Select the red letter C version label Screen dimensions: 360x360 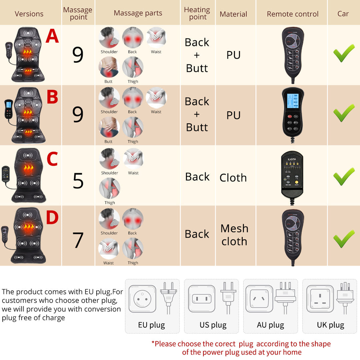coord(52,159)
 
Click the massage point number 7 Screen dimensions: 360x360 coord(78,240)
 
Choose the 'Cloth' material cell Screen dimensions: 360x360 coord(233,178)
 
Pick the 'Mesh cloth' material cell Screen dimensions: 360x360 coord(234,235)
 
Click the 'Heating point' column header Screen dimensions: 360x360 coord(197,13)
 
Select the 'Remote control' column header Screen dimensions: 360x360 coord(293,14)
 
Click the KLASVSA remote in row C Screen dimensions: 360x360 coord(292,175)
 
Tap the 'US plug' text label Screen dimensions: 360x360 coord(213,325)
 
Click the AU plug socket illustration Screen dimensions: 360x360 coord(259,299)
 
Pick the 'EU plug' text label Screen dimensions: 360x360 coord(152,325)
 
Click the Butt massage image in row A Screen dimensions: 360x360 coord(109,67)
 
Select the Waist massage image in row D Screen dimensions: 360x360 coord(109,249)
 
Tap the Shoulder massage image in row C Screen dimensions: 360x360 coord(109,159)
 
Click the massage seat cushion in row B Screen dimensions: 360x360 coord(29,115)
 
